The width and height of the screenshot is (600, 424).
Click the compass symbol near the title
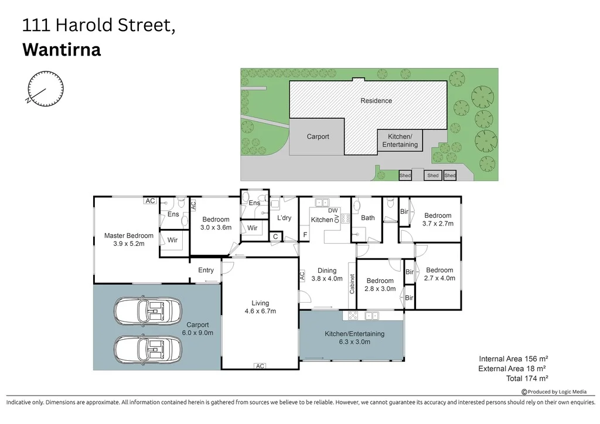click(x=46, y=89)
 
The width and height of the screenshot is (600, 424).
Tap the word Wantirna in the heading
click(x=62, y=50)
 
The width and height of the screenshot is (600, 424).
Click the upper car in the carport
click(x=151, y=311)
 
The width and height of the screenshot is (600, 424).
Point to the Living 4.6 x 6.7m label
click(x=260, y=307)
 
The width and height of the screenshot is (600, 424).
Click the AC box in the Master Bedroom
click(x=150, y=201)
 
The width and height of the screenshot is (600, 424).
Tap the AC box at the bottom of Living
click(x=260, y=366)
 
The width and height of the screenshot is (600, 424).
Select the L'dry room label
click(x=284, y=218)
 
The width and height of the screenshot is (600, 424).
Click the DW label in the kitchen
click(x=333, y=210)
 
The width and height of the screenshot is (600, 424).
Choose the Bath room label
click(x=368, y=218)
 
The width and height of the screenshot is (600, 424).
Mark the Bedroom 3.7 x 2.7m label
click(x=438, y=219)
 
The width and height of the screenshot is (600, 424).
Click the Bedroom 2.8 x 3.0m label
click(x=380, y=285)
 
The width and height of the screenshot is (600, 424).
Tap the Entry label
click(x=206, y=270)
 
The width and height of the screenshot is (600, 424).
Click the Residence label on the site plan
click(x=376, y=101)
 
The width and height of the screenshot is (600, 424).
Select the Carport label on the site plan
click(x=318, y=136)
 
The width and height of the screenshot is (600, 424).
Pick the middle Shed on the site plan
click(x=432, y=175)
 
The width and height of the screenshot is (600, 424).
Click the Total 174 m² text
click(x=526, y=378)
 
